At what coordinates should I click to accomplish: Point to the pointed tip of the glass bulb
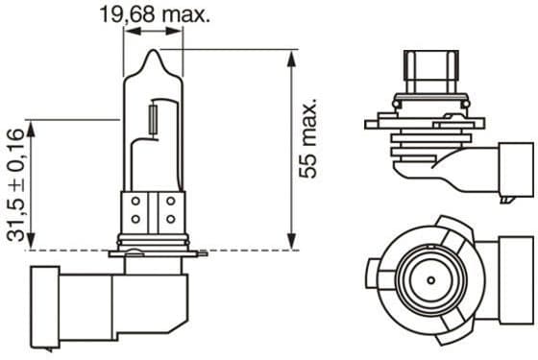pyautogui.click(x=153, y=54)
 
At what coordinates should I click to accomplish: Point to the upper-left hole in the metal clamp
pyautogui.click(x=136, y=203)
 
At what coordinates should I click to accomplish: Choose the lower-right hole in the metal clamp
pyautogui.click(x=169, y=219)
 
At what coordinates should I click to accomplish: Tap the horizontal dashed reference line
pyautogui.click(x=240, y=250)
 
